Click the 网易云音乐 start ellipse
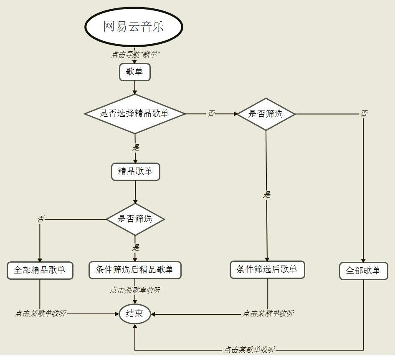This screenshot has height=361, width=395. click(x=134, y=27)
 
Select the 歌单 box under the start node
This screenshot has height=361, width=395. click(x=134, y=72)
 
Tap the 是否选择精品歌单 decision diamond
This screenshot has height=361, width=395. click(x=134, y=113)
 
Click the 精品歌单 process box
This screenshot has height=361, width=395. click(x=135, y=171)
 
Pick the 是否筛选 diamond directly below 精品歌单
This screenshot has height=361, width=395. click(x=135, y=219)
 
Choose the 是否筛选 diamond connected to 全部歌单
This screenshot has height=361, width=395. click(x=266, y=113)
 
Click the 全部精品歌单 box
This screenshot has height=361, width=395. click(x=40, y=270)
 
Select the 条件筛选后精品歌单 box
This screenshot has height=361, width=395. click(x=134, y=270)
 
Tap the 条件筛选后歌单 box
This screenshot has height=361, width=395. click(x=267, y=269)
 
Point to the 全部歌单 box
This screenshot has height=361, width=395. click(x=363, y=271)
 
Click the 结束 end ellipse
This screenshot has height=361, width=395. click(x=134, y=313)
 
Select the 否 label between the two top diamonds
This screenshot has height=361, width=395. click(x=211, y=113)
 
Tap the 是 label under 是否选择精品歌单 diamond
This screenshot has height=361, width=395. click(x=136, y=147)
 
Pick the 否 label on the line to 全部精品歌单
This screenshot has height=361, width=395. click(x=41, y=219)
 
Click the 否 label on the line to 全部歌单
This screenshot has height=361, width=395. click(x=364, y=113)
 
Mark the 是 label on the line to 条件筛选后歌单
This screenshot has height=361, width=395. click(x=267, y=194)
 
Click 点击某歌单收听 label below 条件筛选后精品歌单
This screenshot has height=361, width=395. click(x=135, y=290)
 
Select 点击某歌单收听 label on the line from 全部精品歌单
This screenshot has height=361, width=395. click(x=41, y=313)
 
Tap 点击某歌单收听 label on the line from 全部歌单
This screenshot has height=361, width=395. click(x=249, y=350)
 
